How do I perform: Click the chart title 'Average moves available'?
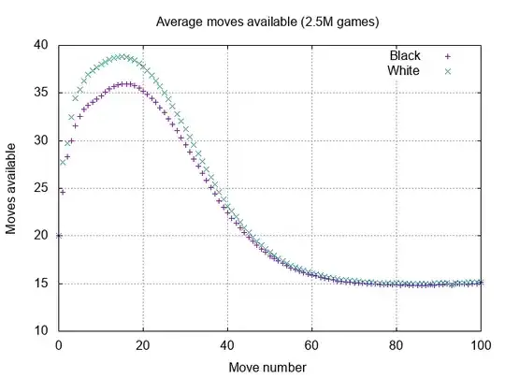252,20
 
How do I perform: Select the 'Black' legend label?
405,56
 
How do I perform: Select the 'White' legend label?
404,70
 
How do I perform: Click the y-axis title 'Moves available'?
13,187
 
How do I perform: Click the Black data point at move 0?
59,236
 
